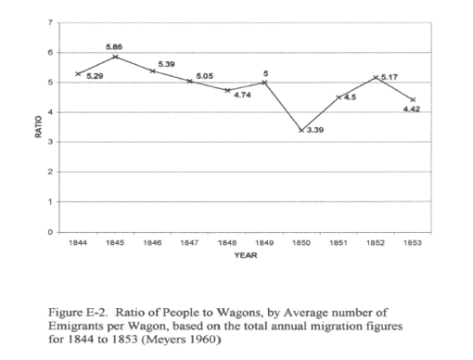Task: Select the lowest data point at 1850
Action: point(300,130)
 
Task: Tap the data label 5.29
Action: point(95,76)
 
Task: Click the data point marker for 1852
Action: point(375,78)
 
